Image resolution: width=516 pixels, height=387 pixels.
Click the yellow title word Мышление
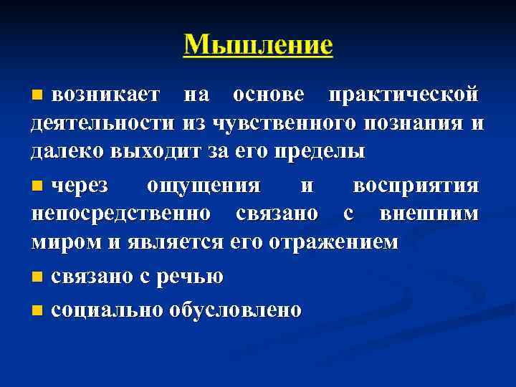pos(258,44)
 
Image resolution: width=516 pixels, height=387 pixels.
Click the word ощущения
pos(204,186)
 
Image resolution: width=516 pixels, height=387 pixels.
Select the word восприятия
pos(416,186)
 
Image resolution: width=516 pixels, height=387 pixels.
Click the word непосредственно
pos(121,214)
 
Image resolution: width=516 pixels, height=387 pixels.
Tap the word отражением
pos(334,242)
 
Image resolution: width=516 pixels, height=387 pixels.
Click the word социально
pos(106,310)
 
